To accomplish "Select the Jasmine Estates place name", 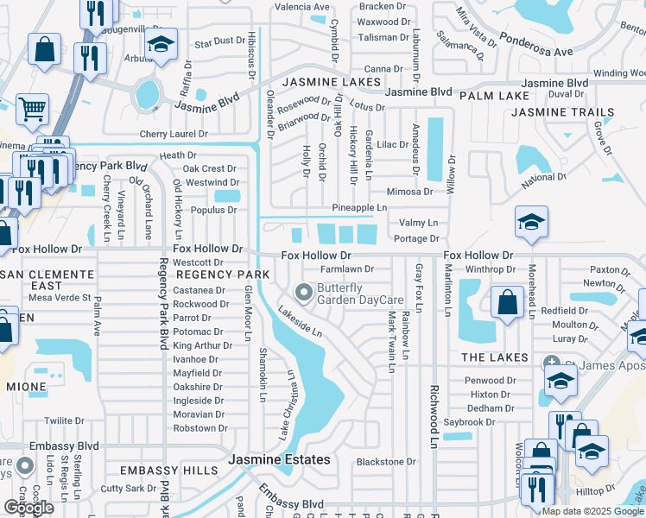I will [279, 460].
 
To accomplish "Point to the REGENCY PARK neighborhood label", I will [223, 274].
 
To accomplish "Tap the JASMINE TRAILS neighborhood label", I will [563, 112].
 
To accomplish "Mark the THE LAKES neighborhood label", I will [494, 357].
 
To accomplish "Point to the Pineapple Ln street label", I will [360, 208].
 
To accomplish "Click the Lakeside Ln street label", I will [305, 325].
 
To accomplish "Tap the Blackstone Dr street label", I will [386, 462].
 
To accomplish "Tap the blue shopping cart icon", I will [32, 110].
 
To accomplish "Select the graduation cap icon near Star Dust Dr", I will [161, 46].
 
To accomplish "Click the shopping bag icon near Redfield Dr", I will [507, 303].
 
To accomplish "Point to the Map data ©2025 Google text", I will [592, 511].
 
